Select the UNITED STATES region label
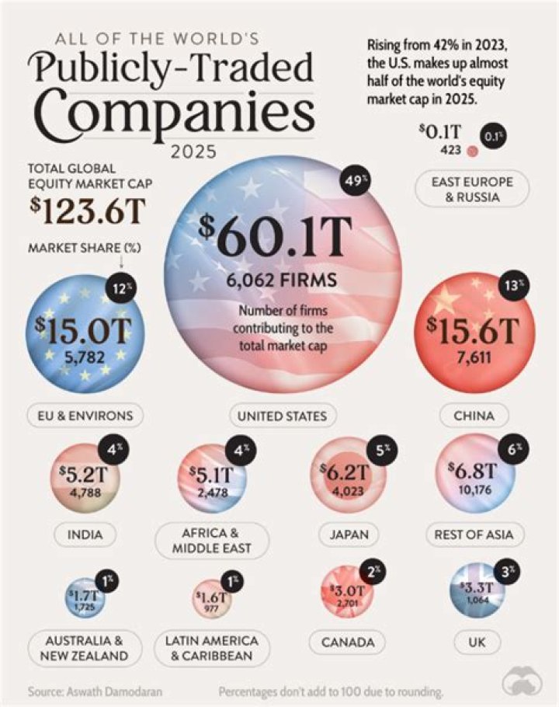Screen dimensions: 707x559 [282, 415]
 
